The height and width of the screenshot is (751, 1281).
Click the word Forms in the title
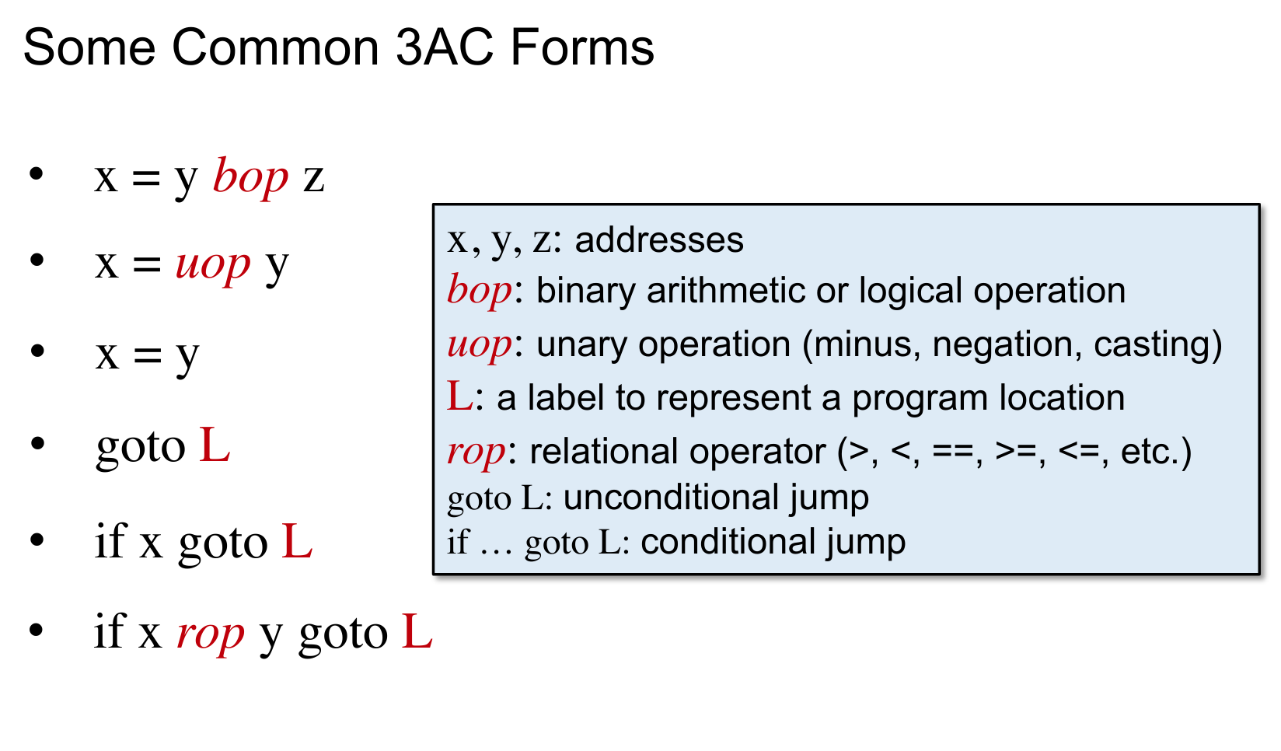(x=582, y=47)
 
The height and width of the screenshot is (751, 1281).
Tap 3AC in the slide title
(x=445, y=47)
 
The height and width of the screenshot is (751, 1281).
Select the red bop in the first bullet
(x=250, y=177)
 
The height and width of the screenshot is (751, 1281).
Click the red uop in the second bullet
(x=213, y=265)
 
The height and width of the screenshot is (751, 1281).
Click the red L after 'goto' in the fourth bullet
(x=215, y=445)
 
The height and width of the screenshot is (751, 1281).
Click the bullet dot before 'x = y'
(x=38, y=351)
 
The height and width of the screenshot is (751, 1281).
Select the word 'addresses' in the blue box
(x=659, y=239)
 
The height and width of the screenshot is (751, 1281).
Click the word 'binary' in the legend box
(x=585, y=292)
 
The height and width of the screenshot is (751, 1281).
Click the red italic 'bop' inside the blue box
(x=480, y=291)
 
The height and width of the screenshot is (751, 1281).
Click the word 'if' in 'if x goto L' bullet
(x=110, y=540)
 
